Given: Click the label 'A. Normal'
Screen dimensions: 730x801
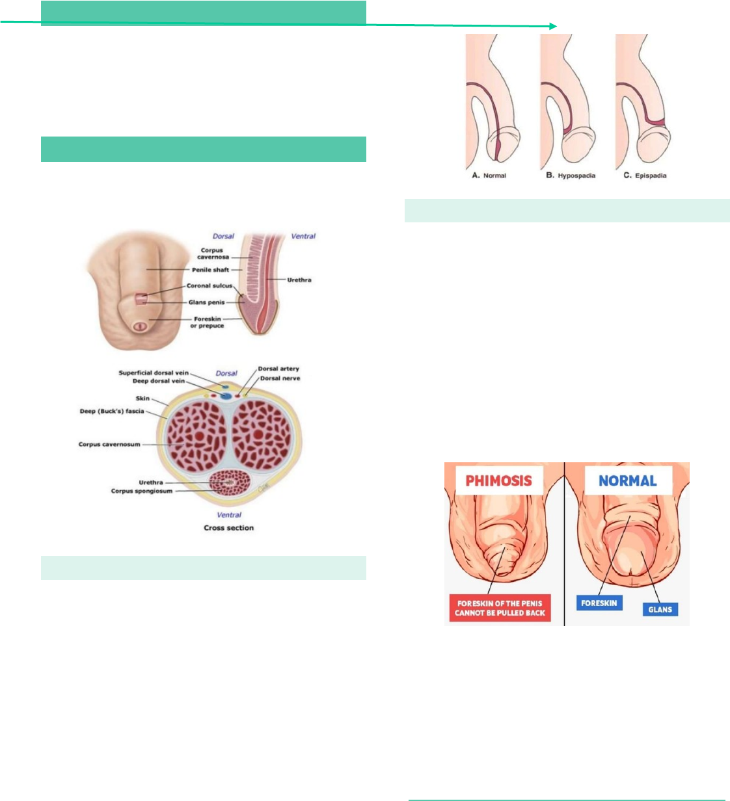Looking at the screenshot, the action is point(489,176).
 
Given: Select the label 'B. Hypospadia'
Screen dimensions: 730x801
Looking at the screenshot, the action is point(571,176).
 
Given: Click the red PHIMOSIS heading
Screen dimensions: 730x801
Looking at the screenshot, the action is point(498,481).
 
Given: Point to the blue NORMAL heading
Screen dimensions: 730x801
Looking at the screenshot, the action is point(627,481).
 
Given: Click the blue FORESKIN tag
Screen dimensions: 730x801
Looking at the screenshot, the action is point(599,603).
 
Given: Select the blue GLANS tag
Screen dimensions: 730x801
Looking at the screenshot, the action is point(660,609).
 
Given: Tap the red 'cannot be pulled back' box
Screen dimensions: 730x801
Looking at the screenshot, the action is point(500,608).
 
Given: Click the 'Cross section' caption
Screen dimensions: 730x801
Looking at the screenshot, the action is point(228,528).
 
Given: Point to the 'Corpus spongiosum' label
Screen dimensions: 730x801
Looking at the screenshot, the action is point(141,491).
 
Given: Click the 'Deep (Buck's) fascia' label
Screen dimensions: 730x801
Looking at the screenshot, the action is point(111,412).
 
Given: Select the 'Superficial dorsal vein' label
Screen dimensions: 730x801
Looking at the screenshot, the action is point(154,373).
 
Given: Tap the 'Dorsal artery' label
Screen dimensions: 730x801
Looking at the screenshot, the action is point(278,369).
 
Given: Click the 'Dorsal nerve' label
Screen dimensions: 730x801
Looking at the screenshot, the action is point(280,378).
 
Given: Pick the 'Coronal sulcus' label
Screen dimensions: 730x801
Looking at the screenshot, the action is point(209,285).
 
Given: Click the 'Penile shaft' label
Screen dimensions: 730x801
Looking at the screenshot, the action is point(210,270).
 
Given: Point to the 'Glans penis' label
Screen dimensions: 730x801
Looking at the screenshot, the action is point(206,302).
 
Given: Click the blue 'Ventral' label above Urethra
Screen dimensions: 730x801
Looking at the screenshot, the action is point(303,237).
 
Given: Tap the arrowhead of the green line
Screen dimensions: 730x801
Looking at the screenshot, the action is point(553,26).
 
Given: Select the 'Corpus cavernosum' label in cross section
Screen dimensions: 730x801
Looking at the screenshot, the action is point(109,445).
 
